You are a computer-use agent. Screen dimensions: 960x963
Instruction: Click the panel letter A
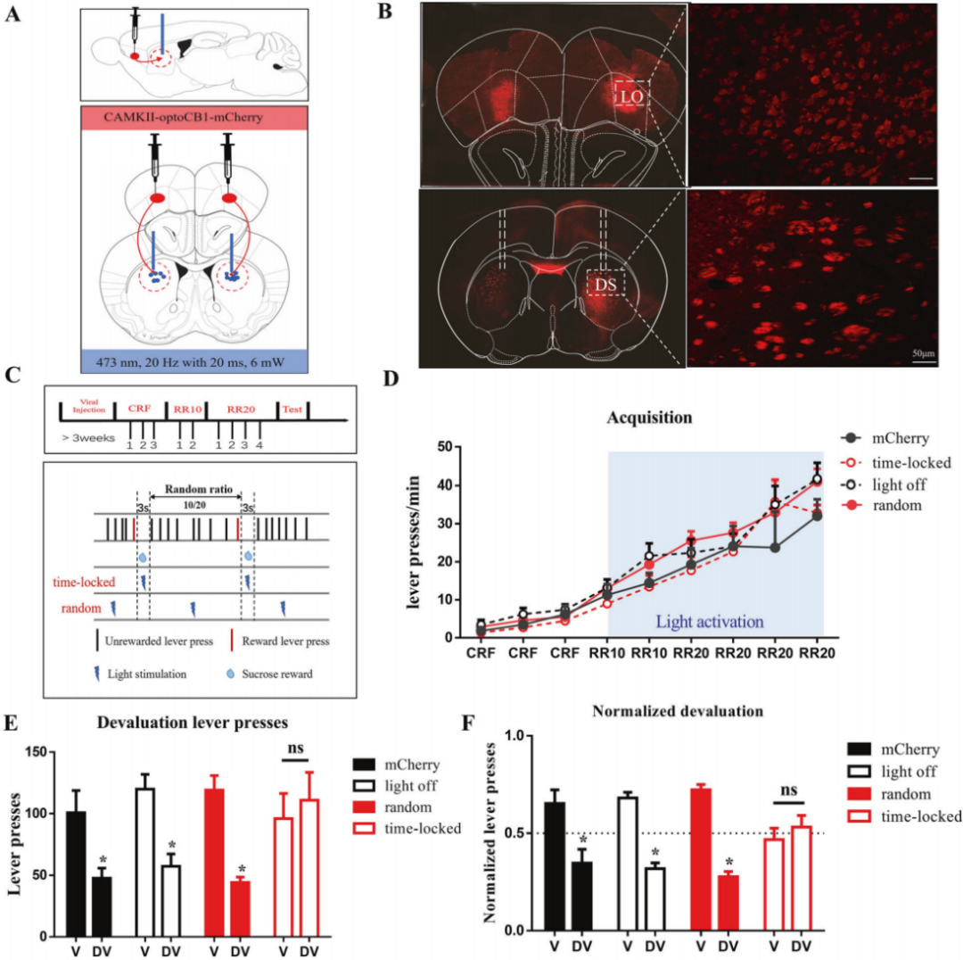(x=14, y=19)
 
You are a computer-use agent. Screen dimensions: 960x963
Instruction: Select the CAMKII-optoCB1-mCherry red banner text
(x=194, y=116)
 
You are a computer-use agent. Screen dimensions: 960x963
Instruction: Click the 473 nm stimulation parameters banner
(x=194, y=363)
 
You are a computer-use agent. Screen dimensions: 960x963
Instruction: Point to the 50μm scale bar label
(x=923, y=354)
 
